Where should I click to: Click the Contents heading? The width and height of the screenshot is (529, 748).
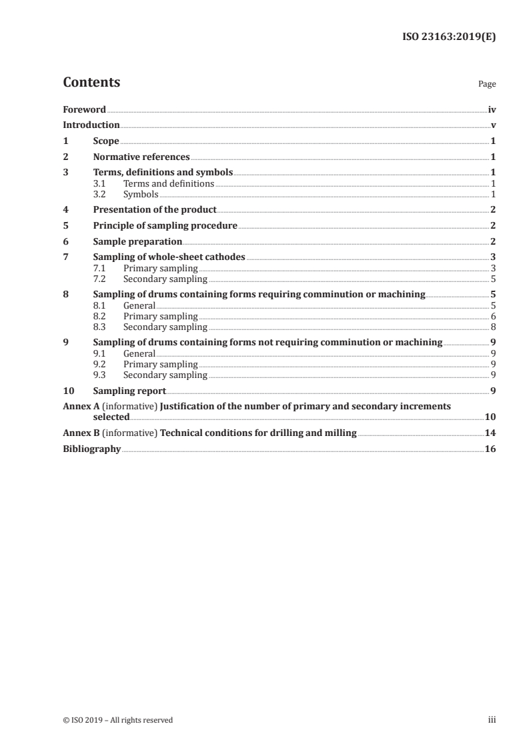click(91, 83)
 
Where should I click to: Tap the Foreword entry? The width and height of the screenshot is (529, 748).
click(84, 109)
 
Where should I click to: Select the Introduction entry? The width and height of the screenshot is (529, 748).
click(91, 125)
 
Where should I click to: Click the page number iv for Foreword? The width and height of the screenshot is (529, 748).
click(492, 109)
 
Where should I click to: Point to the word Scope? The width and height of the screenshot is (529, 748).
click(106, 141)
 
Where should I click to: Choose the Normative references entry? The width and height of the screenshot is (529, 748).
click(141, 157)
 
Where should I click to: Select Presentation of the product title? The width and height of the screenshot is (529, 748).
click(155, 210)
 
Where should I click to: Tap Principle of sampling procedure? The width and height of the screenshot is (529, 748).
click(165, 225)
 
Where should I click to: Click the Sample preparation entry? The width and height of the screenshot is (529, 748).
click(137, 241)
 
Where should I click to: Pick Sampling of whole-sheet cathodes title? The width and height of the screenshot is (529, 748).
click(169, 257)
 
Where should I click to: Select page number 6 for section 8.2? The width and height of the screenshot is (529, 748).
click(493, 316)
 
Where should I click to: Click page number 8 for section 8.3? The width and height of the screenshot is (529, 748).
click(493, 327)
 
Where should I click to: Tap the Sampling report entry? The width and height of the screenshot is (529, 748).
click(129, 390)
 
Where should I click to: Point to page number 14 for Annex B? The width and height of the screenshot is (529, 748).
click(490, 433)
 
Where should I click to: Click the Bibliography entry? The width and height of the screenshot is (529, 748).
click(92, 449)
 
